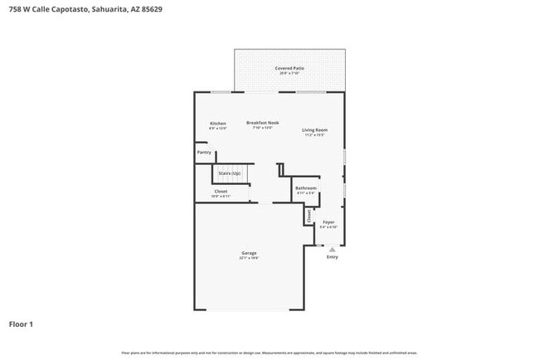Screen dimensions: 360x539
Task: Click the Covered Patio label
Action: click(x=289, y=68)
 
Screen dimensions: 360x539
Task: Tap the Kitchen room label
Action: click(x=217, y=124)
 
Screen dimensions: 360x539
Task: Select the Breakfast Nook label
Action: click(x=263, y=123)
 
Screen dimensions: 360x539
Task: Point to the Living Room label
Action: click(x=314, y=130)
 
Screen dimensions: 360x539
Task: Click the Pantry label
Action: click(x=203, y=153)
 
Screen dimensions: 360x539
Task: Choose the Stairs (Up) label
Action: click(x=230, y=173)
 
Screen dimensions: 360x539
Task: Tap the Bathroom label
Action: click(x=306, y=188)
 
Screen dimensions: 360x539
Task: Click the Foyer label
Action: click(x=328, y=222)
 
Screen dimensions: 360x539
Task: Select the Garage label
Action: click(x=249, y=253)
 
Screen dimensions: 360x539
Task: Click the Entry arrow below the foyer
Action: click(x=333, y=248)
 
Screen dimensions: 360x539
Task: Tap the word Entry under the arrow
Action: click(x=333, y=257)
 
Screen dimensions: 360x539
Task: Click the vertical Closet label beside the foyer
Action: click(x=309, y=216)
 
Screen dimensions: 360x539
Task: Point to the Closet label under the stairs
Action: click(x=221, y=192)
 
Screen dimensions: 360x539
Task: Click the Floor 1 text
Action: click(x=21, y=324)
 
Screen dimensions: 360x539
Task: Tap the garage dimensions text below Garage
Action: click(x=249, y=258)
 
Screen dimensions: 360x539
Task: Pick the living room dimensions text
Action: click(x=314, y=135)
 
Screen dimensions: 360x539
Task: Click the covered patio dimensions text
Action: click(x=289, y=73)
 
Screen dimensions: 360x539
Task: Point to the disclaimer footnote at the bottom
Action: click(x=269, y=353)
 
